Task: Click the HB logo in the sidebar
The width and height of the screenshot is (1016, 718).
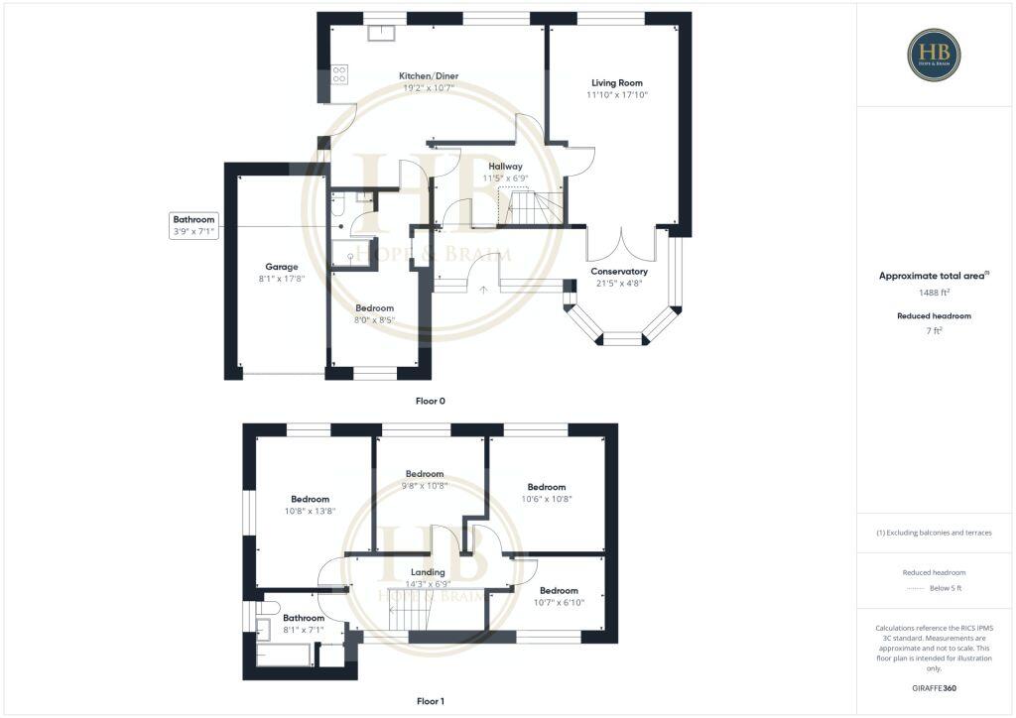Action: pos(934,55)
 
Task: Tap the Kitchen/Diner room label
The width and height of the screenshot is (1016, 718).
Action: pos(429,76)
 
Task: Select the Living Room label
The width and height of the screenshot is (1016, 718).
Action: pos(617,82)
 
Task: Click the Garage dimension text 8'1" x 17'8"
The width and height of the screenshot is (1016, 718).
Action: pos(282,279)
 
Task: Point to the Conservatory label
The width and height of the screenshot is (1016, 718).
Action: pos(619,271)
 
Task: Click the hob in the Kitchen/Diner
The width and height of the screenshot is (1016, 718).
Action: pos(339,74)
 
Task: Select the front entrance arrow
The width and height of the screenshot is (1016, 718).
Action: pos(483,290)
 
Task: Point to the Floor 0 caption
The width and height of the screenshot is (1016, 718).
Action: pos(430,401)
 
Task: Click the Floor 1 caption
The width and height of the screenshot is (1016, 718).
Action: pos(430,701)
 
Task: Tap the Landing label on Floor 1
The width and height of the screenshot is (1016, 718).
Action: pos(426,572)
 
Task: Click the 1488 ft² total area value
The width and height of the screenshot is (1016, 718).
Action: pos(934,293)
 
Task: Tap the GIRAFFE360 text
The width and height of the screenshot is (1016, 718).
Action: pos(934,687)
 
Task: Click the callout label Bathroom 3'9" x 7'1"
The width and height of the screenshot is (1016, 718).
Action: pos(193,225)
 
